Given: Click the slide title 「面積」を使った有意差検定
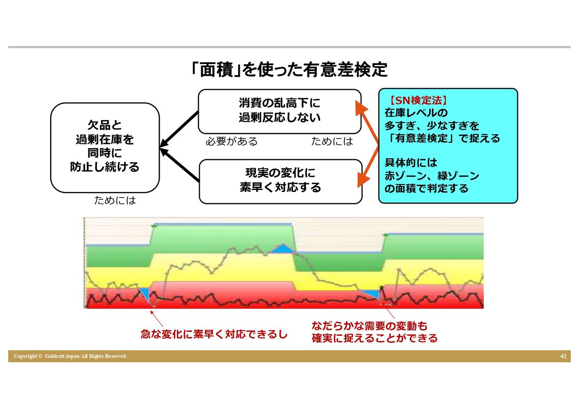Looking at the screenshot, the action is (289, 69).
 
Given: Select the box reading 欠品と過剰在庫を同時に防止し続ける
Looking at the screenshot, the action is (105, 148).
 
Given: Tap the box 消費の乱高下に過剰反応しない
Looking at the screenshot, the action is (279, 111).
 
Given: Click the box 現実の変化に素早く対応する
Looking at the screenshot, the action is (280, 181).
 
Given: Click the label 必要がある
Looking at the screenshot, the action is (232, 141).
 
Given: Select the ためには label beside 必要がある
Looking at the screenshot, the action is (332, 141).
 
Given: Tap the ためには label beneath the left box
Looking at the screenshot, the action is (115, 200).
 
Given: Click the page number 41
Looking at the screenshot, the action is (563, 356).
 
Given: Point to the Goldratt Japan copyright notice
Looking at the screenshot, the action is (70, 356).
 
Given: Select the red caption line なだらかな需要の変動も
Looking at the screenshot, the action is (370, 326).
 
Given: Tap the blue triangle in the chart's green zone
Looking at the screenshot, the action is (283, 248).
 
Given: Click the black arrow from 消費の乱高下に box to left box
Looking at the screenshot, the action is (179, 129).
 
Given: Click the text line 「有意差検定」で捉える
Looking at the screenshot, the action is (442, 138).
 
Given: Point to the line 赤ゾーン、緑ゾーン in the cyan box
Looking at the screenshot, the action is (432, 176).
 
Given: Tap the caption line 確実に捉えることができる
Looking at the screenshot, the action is (374, 338).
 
